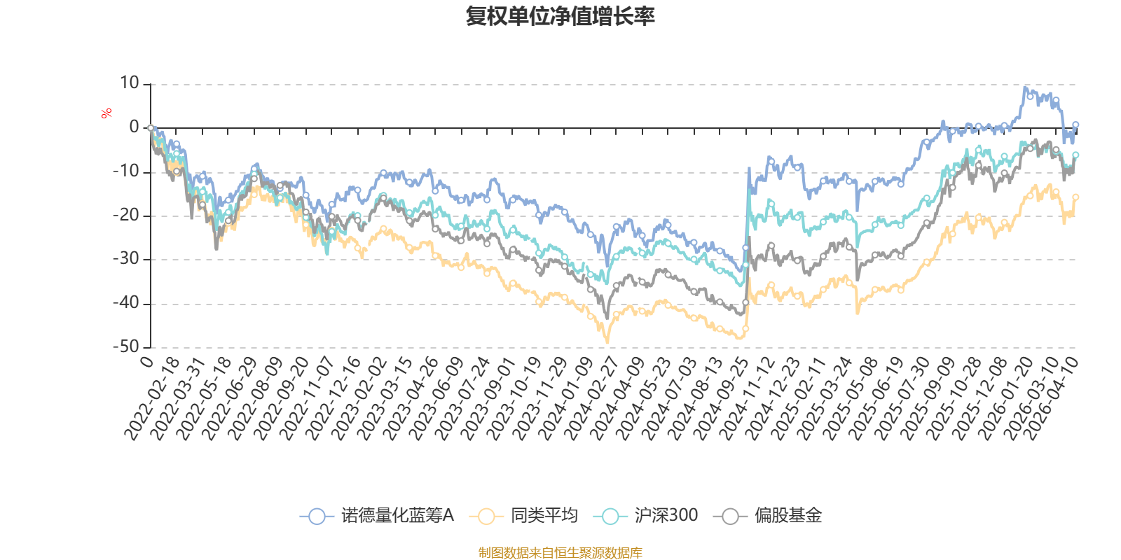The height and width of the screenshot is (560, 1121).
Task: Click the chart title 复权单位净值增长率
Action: click(560, 16)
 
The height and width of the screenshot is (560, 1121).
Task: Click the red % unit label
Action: click(106, 113)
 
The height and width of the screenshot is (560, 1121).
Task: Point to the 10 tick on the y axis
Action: click(130, 83)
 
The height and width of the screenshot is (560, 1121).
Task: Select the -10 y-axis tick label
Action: click(126, 171)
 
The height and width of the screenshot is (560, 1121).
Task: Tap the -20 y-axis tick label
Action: click(126, 216)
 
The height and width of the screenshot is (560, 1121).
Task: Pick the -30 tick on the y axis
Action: click(126, 259)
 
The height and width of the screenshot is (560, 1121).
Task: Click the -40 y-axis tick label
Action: click(126, 303)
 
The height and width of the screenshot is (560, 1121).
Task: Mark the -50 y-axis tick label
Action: click(126, 346)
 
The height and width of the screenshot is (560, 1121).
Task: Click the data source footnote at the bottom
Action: click(560, 553)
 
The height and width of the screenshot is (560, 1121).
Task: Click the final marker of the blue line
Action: click(1075, 125)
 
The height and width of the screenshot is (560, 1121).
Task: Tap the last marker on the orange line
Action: click(1075, 197)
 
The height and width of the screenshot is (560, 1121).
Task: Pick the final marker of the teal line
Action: click(1075, 155)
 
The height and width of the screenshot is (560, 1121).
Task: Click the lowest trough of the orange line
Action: click(607, 342)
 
